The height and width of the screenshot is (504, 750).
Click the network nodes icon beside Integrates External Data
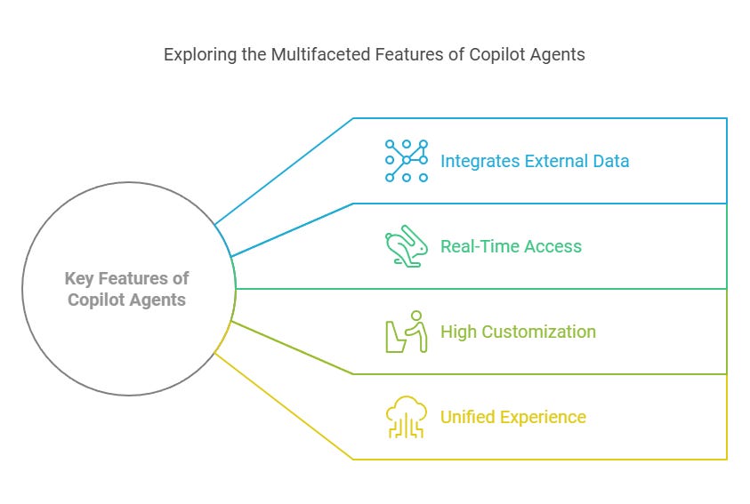[x=406, y=161]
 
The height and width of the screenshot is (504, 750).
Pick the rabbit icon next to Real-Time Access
[x=406, y=247]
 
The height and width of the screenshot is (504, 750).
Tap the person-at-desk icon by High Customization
[x=406, y=332]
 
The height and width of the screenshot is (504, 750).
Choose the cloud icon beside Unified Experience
[x=406, y=417]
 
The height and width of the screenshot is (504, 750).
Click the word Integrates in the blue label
[x=480, y=161]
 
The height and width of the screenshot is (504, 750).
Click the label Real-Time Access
[x=512, y=246]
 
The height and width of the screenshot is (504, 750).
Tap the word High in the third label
[x=459, y=332]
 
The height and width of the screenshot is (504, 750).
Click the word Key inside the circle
[x=79, y=279]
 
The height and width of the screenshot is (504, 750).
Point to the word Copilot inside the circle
[x=96, y=300]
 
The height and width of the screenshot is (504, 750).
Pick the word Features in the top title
[x=394, y=54]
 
